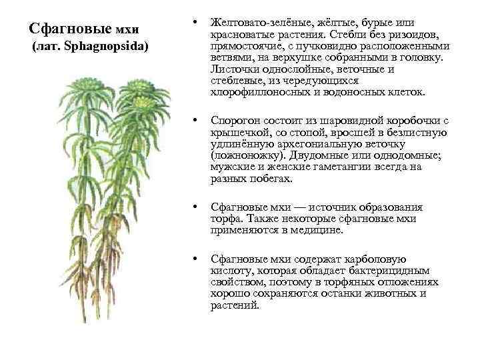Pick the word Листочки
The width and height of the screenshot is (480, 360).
coord(233,69)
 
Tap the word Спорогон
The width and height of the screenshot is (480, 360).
coord(235,121)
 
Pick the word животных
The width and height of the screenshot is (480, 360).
coord(401,293)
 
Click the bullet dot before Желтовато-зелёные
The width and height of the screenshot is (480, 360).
coord(193,24)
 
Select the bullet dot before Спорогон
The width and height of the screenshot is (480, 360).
coord(193,121)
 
